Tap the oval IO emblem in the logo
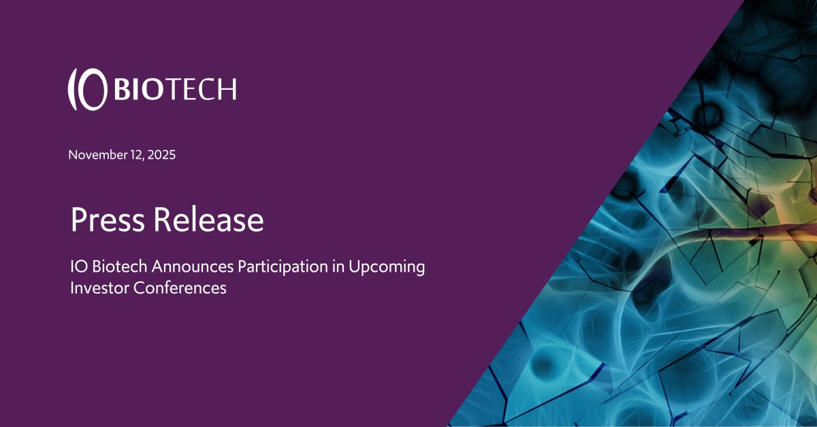point(88,89)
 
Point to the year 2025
point(162,155)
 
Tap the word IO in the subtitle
point(78,266)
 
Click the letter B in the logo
point(123,89)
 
